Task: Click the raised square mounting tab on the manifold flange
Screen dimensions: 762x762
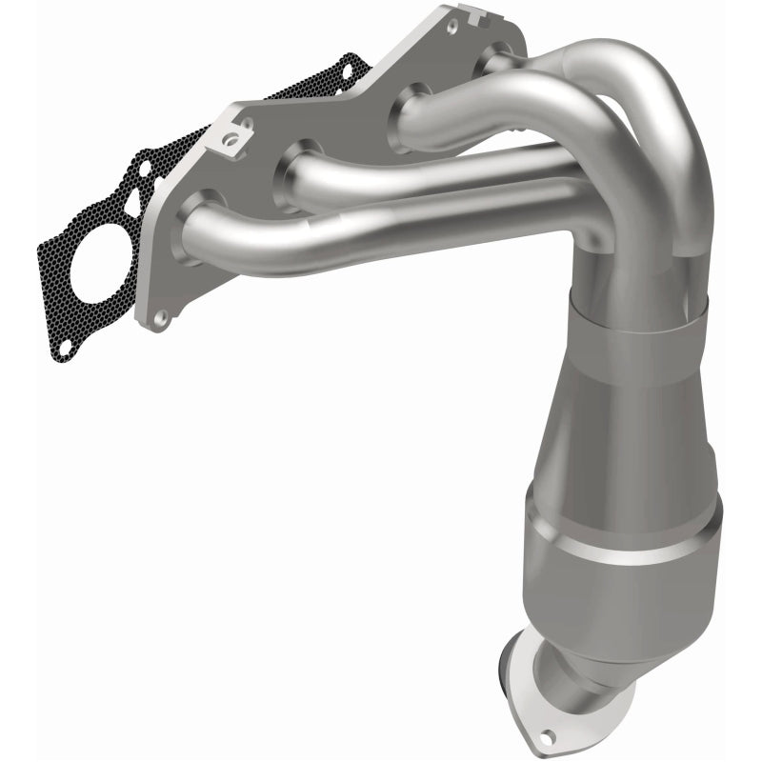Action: (227, 139)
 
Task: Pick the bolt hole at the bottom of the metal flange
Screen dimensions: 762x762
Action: (163, 315)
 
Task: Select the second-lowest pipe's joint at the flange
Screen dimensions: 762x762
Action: (298, 168)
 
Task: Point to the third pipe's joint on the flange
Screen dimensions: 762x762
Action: (410, 110)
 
